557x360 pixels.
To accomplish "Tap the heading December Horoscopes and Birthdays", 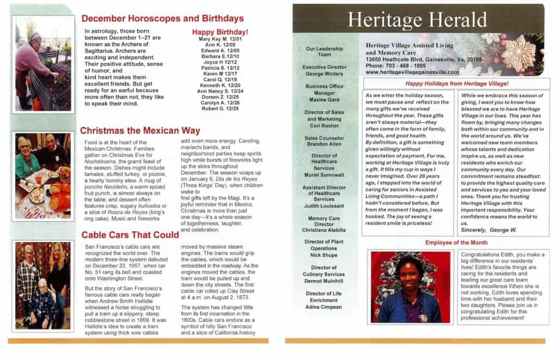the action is point(162,18).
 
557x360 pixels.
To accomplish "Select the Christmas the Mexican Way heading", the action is point(140,131).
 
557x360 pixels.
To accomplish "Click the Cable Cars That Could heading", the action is point(130,235).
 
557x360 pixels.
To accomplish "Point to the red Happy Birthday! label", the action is point(220,32).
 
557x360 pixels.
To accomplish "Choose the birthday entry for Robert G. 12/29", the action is point(220,108).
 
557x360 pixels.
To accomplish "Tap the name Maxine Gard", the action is point(324,100).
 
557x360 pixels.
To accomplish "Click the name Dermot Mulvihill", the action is point(324,281).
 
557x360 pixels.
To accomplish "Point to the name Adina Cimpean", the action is point(324,307).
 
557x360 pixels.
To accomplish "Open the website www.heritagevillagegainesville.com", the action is point(412,72).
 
